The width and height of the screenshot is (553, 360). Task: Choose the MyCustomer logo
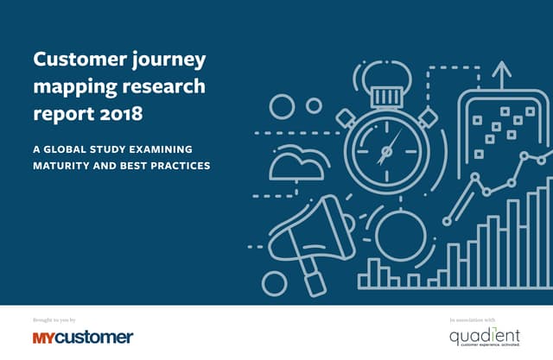tap(83, 337)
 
